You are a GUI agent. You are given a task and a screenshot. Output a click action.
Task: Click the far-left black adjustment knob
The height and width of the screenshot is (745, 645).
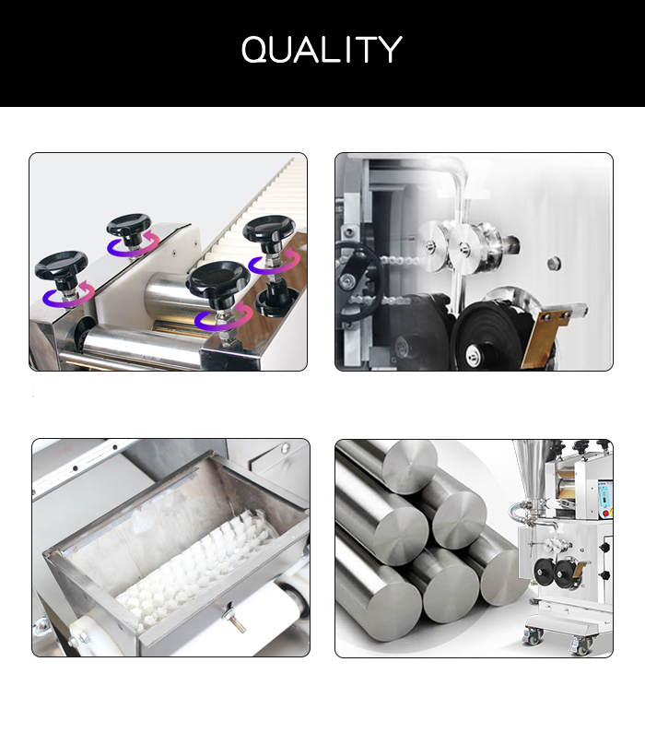(61, 266)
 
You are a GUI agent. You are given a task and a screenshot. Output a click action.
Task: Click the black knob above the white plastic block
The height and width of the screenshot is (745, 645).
(129, 225)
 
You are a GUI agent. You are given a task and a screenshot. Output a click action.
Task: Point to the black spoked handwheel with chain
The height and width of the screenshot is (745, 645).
(358, 276)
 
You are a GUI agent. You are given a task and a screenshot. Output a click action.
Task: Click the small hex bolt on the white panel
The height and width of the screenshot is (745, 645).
(554, 263)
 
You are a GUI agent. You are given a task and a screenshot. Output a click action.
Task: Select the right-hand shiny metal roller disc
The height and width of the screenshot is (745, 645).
(464, 247)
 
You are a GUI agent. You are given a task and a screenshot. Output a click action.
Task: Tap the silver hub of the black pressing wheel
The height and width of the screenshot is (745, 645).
(474, 353)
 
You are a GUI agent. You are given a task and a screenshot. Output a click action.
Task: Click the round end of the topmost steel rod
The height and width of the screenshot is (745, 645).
(410, 467)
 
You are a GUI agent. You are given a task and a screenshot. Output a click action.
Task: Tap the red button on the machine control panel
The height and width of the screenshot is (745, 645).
(605, 514)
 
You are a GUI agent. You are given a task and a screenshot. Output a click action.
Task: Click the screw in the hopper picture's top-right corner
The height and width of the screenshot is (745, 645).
(285, 447)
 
